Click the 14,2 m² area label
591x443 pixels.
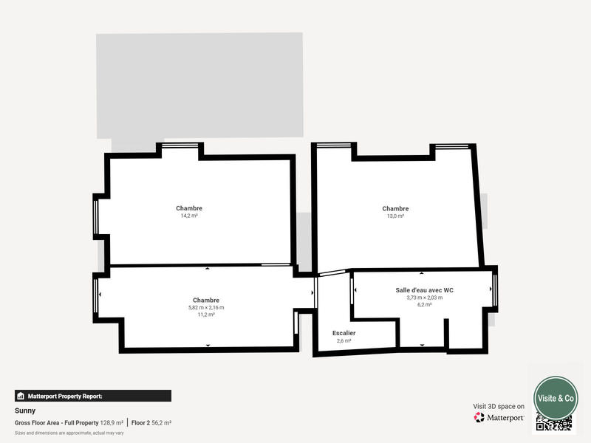pos(189,216)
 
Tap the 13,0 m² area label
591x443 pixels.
pos(395,216)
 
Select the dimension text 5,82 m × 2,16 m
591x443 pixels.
pos(206,307)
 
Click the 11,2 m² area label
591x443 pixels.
pos(206,315)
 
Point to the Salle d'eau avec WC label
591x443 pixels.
pos(424,290)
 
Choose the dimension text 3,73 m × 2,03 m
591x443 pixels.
pos(424,298)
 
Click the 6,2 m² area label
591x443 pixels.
pos(424,305)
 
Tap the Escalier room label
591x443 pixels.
pos(344,333)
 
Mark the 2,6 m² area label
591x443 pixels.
pos(344,340)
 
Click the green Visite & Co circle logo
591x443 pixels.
pos(556,397)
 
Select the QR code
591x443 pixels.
pos(553,423)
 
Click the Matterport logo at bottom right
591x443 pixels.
pos(499,417)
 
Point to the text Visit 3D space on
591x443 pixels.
pos(499,406)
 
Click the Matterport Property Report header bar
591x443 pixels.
pos(92,396)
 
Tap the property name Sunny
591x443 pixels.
pos(25,411)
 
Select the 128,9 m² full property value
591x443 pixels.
pos(112,423)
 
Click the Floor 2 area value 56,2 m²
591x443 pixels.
pos(161,423)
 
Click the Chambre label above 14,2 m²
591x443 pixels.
pos(189,208)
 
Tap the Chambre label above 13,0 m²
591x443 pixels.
pos(395,208)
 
